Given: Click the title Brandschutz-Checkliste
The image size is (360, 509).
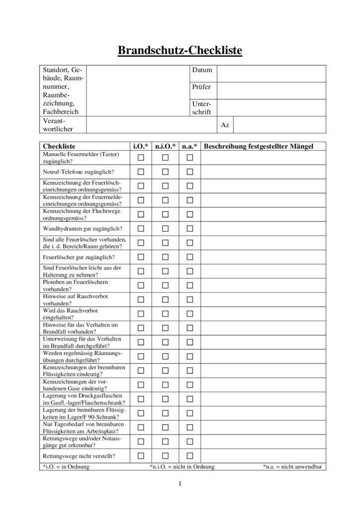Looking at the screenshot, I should pos(180,50).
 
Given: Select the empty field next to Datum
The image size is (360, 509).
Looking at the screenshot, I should pos(271,73).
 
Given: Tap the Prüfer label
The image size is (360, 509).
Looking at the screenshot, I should pos(201,87).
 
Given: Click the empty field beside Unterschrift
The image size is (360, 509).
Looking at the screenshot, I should pos(271,108).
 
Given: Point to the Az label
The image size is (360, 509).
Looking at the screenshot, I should pos(225,125).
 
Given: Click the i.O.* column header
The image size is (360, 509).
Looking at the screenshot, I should pos(141,146).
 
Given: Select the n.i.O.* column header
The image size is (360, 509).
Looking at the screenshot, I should pos(165,146).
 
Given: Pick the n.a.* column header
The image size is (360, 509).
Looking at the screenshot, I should pos(189,146).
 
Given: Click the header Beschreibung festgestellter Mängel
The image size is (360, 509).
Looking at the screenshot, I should pos(259,146).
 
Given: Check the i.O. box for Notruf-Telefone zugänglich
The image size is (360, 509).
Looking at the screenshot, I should pos(141,171).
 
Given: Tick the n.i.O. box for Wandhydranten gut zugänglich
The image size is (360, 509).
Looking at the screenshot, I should pos(165,229).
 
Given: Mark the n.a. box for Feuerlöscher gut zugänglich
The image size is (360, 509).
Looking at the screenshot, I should pos(189,257).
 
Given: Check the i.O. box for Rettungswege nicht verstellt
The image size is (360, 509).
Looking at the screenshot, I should pos(141,456).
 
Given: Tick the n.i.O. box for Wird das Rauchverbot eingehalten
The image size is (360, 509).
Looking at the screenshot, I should pos(165,314).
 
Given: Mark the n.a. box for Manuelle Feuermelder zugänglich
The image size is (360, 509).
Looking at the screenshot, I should pos(189,158).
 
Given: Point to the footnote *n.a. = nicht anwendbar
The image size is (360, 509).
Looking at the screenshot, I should pos(293,467).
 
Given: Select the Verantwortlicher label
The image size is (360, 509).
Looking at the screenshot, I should pos(57,125).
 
